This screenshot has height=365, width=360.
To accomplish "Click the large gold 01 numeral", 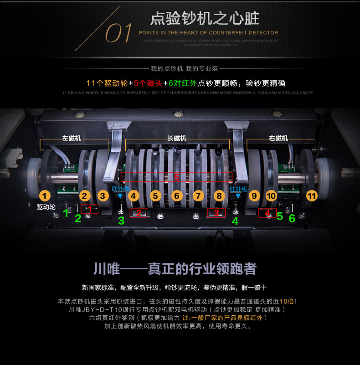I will (x=119, y=33).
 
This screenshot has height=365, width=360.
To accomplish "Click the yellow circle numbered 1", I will (x=44, y=196).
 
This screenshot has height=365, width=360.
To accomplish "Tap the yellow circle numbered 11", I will (x=312, y=196).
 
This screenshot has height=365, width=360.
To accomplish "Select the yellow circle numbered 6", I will (x=177, y=196).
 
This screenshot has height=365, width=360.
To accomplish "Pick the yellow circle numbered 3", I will (x=103, y=196).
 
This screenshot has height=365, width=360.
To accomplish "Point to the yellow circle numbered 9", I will (x=254, y=196).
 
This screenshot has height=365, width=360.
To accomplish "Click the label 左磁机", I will (x=72, y=138).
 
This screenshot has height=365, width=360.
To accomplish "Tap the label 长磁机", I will (x=177, y=138).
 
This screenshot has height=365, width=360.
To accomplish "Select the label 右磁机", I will (x=278, y=138).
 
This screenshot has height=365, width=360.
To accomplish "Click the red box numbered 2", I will (x=139, y=212).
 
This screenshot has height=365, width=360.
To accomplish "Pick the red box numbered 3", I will (x=216, y=212).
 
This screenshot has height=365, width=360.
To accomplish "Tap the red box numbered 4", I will (x=267, y=213).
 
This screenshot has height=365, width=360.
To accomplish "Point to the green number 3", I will (x=121, y=221).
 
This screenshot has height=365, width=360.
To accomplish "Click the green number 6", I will (x=292, y=218).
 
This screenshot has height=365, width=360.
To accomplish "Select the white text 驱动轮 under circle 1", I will (x=46, y=207).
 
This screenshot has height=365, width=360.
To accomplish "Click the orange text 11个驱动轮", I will (x=107, y=83).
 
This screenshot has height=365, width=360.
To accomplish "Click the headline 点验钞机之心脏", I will (x=205, y=19).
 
